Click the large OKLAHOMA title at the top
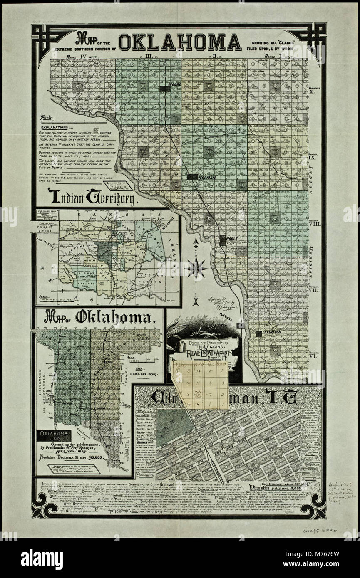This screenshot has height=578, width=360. coord(180,42)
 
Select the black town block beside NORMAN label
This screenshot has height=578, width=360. coord(192,177)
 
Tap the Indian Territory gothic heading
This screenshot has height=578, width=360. coord(92,196)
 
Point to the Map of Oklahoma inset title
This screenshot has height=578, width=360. coord(99,318)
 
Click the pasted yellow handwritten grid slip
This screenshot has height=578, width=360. coord(200,385)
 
